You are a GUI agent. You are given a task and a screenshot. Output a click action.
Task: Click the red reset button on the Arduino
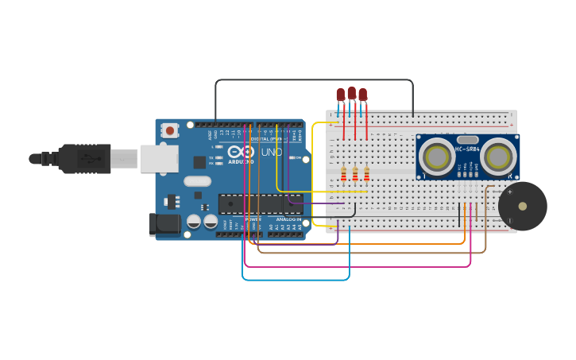(x=170, y=130)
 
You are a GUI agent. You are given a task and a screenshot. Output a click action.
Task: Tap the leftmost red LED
(x=341, y=95)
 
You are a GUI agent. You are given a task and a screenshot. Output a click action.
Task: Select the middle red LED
(x=352, y=93)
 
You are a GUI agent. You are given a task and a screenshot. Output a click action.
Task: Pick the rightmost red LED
(x=363, y=95)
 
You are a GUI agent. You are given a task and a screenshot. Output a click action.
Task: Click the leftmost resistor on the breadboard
(x=344, y=174)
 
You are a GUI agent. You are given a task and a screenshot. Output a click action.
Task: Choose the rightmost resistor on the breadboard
(x=366, y=174)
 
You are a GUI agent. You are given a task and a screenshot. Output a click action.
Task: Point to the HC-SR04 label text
(x=467, y=149)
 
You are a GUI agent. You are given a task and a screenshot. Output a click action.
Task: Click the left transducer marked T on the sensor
(x=436, y=156)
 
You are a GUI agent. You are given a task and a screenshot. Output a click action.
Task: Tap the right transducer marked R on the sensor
(x=498, y=156)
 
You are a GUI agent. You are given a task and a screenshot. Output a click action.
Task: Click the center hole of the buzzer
(x=522, y=206)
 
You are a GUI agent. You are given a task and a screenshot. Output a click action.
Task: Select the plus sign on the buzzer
(x=509, y=192)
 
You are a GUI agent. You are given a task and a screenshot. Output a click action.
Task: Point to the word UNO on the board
(x=271, y=152)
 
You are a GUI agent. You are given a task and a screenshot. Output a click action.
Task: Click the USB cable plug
(x=84, y=158)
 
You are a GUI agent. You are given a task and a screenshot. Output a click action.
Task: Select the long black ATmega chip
(x=260, y=204)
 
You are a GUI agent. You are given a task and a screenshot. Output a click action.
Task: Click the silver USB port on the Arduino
(x=159, y=158)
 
